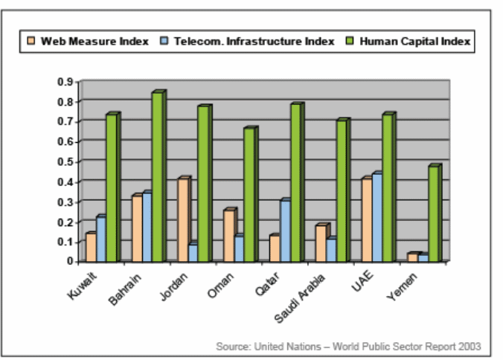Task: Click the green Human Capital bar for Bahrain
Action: (x=157, y=177)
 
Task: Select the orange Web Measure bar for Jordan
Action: (x=182, y=220)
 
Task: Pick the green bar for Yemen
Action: (x=434, y=213)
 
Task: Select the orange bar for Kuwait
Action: (x=90, y=247)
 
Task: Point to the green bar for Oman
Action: (x=249, y=195)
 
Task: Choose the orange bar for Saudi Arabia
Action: (x=321, y=243)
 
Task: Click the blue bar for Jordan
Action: (x=193, y=252)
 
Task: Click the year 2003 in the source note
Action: (x=470, y=347)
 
